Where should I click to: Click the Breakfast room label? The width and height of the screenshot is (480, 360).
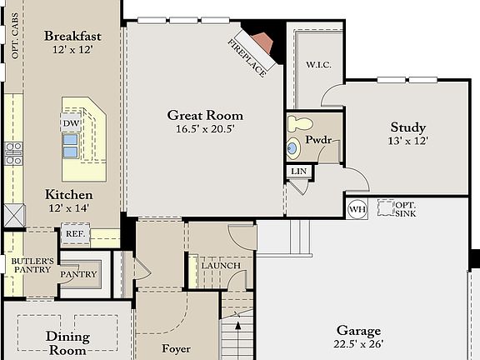click(x=72, y=36)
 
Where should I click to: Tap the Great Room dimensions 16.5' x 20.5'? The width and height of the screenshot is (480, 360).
click(x=205, y=129)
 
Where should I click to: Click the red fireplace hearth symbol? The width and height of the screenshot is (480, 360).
click(x=262, y=42)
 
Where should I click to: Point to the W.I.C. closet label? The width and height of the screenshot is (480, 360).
click(x=317, y=64)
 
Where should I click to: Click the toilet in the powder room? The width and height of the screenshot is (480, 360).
click(x=300, y=124)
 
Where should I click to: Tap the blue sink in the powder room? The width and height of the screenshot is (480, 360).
click(x=292, y=149)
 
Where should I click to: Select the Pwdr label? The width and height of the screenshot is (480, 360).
click(x=318, y=140)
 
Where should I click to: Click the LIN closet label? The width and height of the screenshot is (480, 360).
click(x=299, y=171)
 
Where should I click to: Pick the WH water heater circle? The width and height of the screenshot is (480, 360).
click(x=357, y=208)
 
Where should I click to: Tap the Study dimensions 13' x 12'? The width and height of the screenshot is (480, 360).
click(x=408, y=141)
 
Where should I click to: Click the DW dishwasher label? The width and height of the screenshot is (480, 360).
click(x=71, y=124)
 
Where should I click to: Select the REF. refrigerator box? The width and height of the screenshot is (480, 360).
click(x=75, y=234)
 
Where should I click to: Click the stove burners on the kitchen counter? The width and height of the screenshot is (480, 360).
click(x=13, y=153)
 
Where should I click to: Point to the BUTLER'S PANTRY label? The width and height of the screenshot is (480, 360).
click(x=32, y=266)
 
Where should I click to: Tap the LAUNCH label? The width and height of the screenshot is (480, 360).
click(x=220, y=266)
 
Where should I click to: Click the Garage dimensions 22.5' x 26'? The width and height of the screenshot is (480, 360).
click(x=358, y=343)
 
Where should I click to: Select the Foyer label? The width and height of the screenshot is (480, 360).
click(x=175, y=348)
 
